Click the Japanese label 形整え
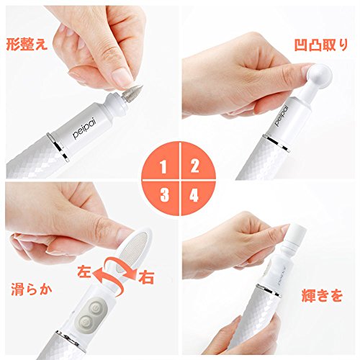27,45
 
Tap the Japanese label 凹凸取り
321,45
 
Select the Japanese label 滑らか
32,289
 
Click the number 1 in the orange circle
163,167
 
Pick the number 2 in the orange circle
194,166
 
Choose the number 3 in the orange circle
165,194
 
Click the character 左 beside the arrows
84,271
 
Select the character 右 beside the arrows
146,277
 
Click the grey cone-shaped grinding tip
133,93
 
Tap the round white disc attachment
320,74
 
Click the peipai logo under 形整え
85,129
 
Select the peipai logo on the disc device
282,116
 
